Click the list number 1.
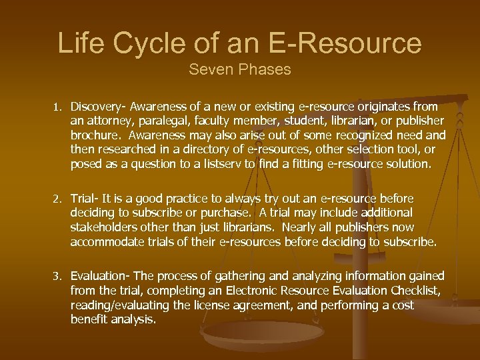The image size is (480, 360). (58, 107)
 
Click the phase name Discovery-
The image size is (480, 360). (99, 107)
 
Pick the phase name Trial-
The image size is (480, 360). (85, 199)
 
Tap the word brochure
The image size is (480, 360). (94, 135)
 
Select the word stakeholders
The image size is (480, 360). (106, 227)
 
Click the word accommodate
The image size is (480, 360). (106, 242)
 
